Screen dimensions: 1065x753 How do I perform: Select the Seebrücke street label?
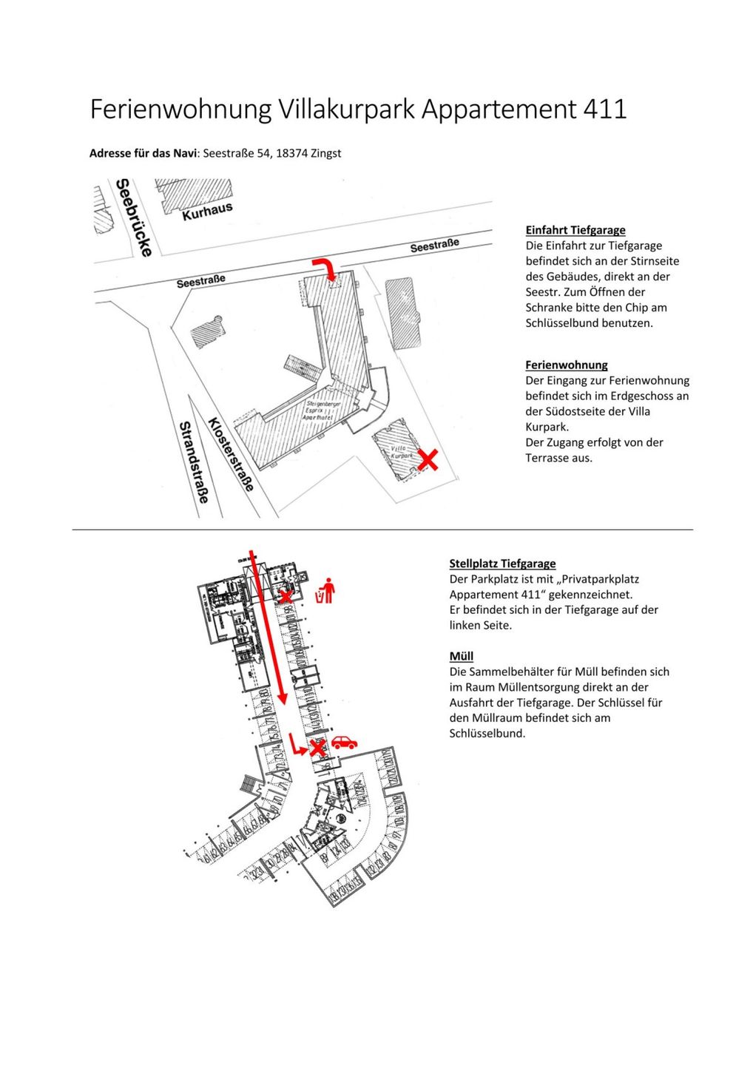pos(134,217)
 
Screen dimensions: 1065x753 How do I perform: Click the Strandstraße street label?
pos(194,461)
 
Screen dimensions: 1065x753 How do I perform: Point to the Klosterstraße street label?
pos(231,453)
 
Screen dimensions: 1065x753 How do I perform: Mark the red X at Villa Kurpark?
pos(427,459)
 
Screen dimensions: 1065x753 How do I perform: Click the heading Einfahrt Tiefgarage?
pos(575,230)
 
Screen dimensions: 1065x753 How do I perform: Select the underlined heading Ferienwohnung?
pos(566,365)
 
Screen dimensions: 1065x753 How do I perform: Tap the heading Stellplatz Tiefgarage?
pos(502,564)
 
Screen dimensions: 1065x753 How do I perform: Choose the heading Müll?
pos(461,656)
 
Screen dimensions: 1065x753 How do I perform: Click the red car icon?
pos(344,743)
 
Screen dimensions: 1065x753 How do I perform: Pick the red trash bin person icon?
pos(325,591)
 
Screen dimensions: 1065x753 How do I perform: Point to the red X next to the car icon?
pos(317,748)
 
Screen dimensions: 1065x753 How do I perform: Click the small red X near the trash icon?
pos(286,595)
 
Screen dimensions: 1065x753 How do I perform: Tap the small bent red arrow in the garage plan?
pos(297,745)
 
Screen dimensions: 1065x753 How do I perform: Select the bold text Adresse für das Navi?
pos(143,153)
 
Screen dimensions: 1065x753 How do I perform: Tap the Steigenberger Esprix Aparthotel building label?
pos(318,411)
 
